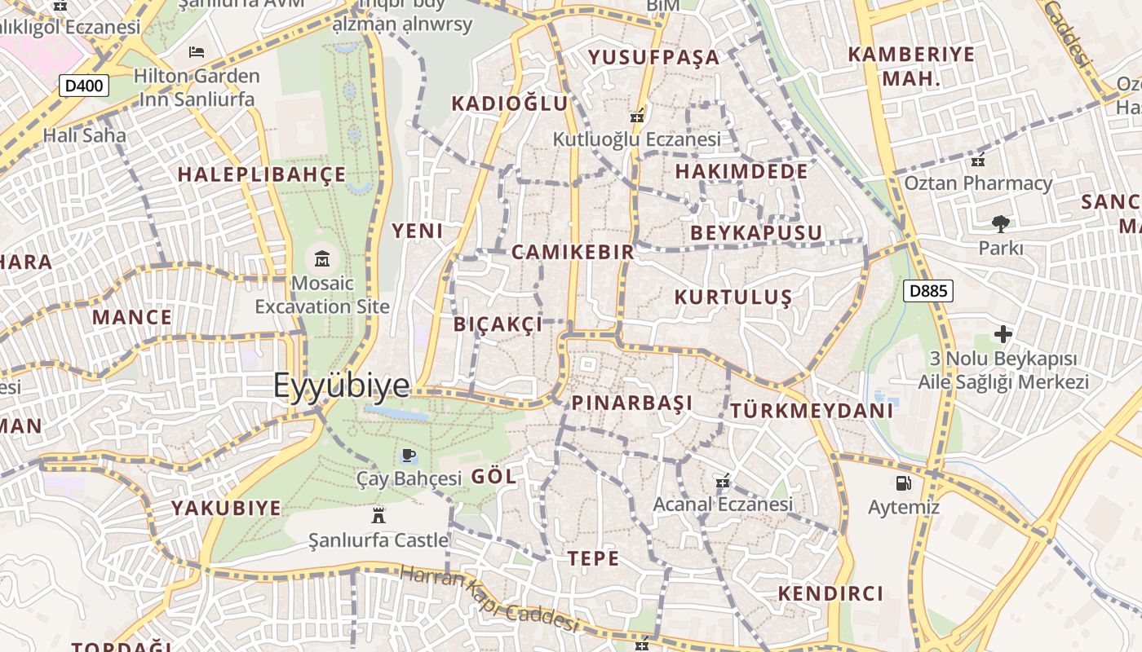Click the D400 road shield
(84, 85)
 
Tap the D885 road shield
(928, 290)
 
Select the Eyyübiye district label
(341, 385)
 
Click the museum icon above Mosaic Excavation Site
(322, 259)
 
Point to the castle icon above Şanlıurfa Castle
(378, 515)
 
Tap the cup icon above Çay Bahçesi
(409, 455)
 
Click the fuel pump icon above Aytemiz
(903, 482)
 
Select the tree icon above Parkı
(1000, 224)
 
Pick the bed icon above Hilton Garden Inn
(197, 52)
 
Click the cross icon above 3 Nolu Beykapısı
(1003, 334)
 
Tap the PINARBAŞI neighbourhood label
(631, 403)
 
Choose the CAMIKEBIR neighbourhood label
(573, 252)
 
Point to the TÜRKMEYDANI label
(812, 411)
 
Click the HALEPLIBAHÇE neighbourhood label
(262, 174)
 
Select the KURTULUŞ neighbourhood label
(733, 297)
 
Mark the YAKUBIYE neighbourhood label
(226, 509)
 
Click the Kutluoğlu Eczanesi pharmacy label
(636, 139)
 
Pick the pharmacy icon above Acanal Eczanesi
(721, 482)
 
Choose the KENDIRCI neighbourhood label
(830, 593)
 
